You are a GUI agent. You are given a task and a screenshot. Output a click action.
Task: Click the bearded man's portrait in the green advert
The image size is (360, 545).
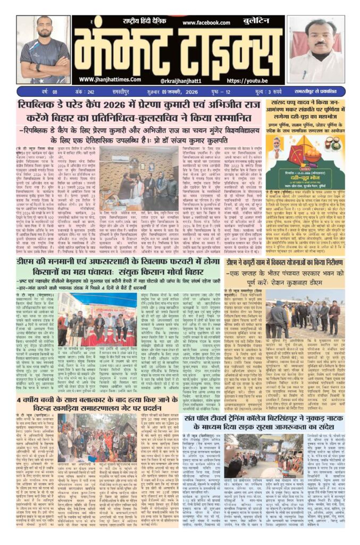pyautogui.click(x=275, y=147)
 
